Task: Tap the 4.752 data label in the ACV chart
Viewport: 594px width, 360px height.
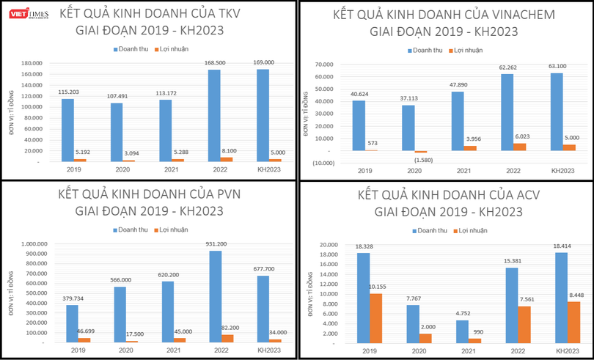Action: pyautogui.click(x=461, y=312)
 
